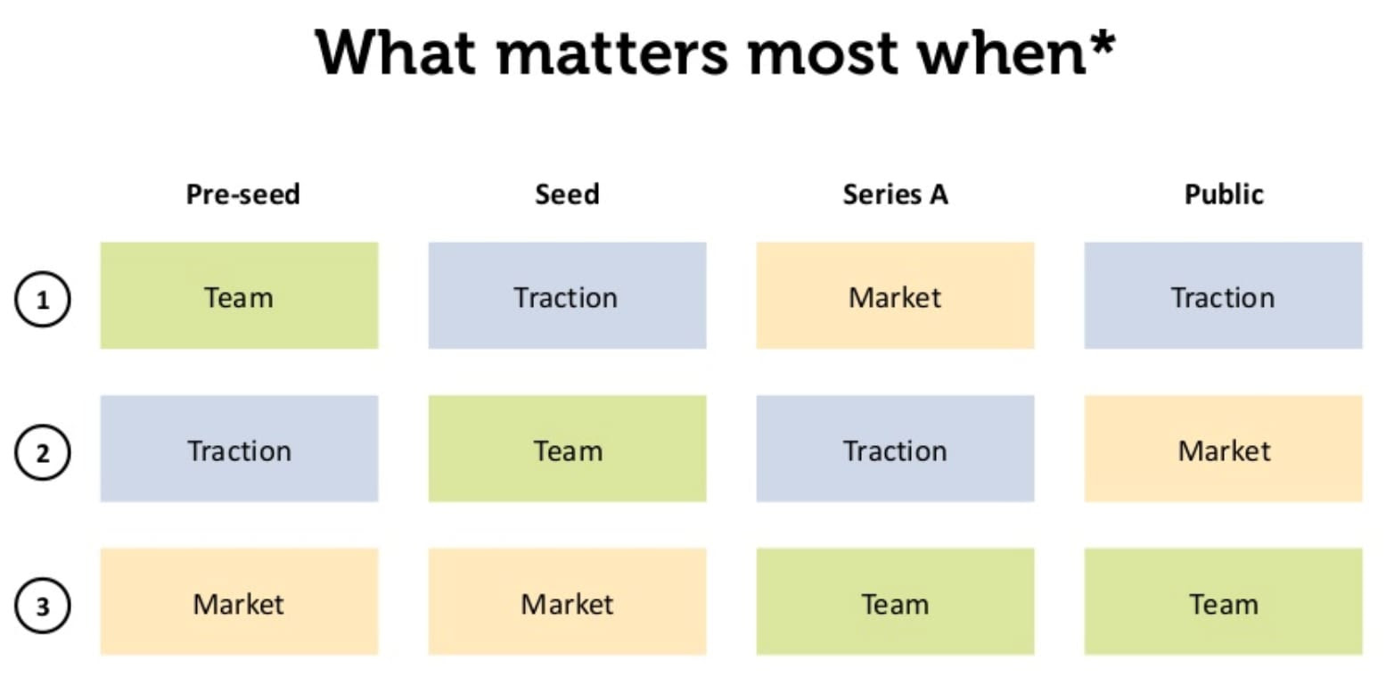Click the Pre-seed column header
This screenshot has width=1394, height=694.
tap(242, 194)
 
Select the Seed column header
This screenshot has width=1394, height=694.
tap(567, 194)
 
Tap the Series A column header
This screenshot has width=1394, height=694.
tap(895, 194)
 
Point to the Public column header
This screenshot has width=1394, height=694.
tap(1224, 194)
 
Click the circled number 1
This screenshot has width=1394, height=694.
tap(42, 300)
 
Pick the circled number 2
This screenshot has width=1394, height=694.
tap(42, 453)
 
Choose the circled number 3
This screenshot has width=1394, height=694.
tap(42, 606)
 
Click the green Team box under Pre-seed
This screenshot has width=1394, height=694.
tap(240, 295)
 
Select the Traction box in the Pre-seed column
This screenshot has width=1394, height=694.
tap(240, 449)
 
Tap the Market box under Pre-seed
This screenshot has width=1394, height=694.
tap(240, 602)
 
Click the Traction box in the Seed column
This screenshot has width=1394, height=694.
tap(567, 295)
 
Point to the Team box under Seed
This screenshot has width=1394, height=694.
tap(567, 449)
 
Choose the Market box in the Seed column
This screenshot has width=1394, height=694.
tap(567, 602)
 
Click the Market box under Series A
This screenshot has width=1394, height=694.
tap(895, 295)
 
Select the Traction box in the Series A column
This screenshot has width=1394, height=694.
tap(895, 449)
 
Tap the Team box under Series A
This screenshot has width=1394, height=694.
tap(895, 602)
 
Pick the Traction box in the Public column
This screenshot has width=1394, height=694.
tap(1223, 295)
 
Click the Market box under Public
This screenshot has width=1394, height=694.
tap(1223, 449)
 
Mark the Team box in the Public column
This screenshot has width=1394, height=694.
tap(1223, 602)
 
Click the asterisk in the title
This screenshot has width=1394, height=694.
tap(1103, 42)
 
